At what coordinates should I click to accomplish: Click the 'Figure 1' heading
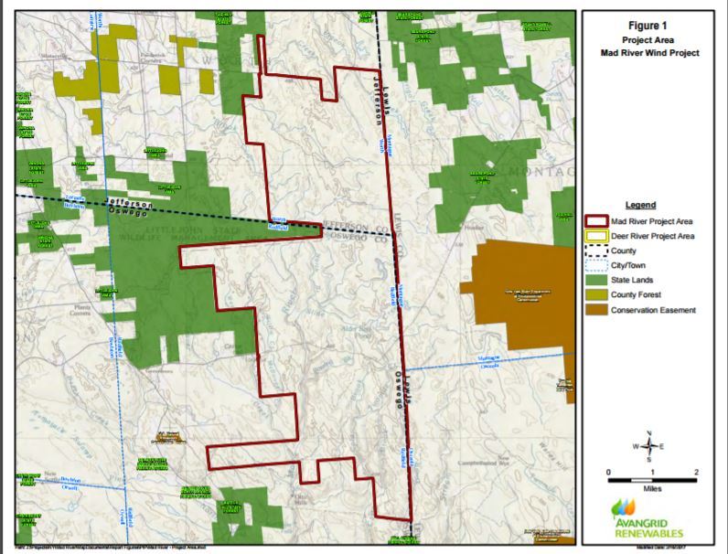click(x=647, y=26)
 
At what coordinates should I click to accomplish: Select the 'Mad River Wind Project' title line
click(x=647, y=53)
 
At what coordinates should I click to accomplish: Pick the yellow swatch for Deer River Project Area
click(x=595, y=237)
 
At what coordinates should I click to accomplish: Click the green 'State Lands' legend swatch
click(x=595, y=281)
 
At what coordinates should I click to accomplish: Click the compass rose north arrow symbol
click(x=648, y=445)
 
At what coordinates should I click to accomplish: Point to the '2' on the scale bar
click(x=697, y=472)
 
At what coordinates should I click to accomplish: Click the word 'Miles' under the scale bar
click(x=652, y=489)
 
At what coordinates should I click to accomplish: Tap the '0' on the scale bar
click(x=609, y=472)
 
